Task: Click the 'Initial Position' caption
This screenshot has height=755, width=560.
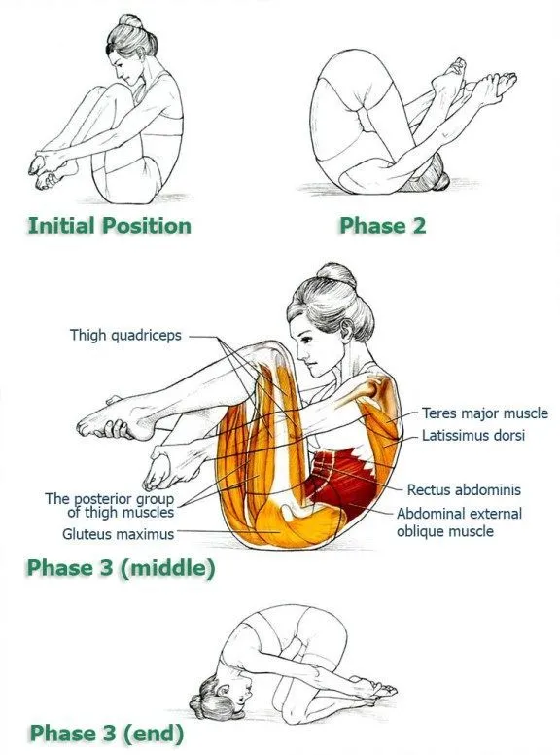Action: pyautogui.click(x=109, y=226)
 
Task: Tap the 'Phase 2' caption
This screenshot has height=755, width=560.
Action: pyautogui.click(x=382, y=226)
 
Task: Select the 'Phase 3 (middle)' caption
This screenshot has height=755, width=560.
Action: pyautogui.click(x=121, y=567)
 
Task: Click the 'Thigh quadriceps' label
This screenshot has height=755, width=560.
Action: pyautogui.click(x=124, y=336)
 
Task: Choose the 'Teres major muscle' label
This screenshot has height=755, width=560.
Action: pyautogui.click(x=484, y=413)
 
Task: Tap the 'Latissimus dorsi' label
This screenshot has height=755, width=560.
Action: pyautogui.click(x=472, y=436)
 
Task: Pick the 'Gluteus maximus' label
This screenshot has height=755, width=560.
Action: pyautogui.click(x=118, y=533)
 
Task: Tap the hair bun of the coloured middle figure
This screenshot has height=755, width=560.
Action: pyautogui.click(x=336, y=276)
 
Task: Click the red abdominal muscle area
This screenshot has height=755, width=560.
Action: pyautogui.click(x=340, y=477)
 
